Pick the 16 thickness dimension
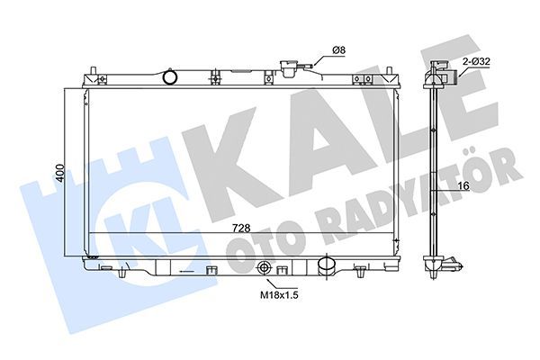click(x=464, y=185)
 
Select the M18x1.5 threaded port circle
click(x=265, y=268)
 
